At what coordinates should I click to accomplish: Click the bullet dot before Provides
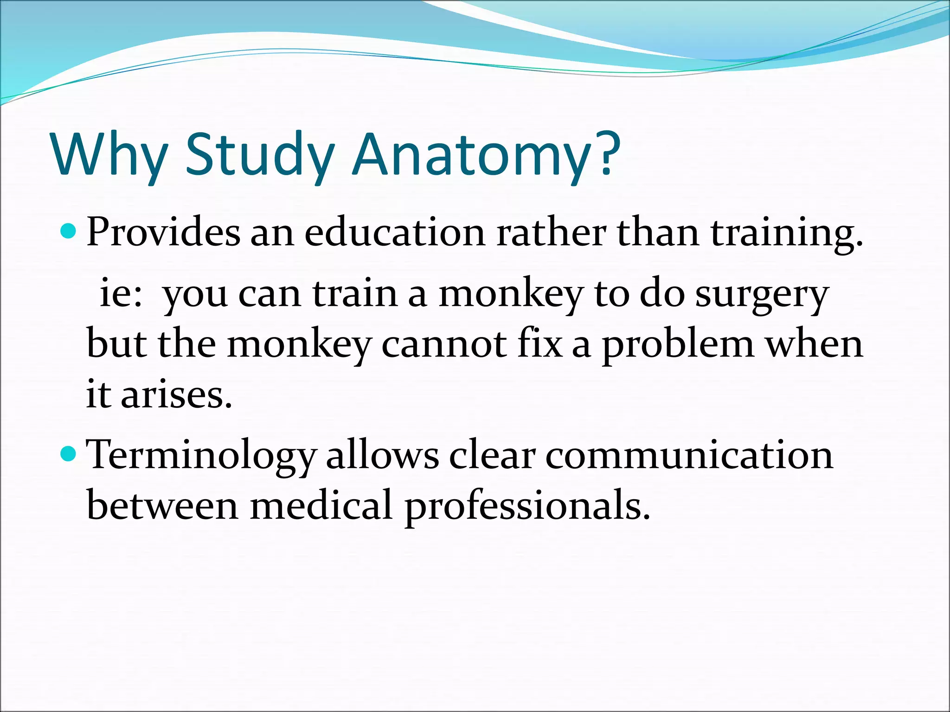[68, 230]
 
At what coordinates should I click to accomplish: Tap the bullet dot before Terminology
[68, 454]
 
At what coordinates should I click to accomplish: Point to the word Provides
[163, 232]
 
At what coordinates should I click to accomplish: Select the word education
[394, 232]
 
